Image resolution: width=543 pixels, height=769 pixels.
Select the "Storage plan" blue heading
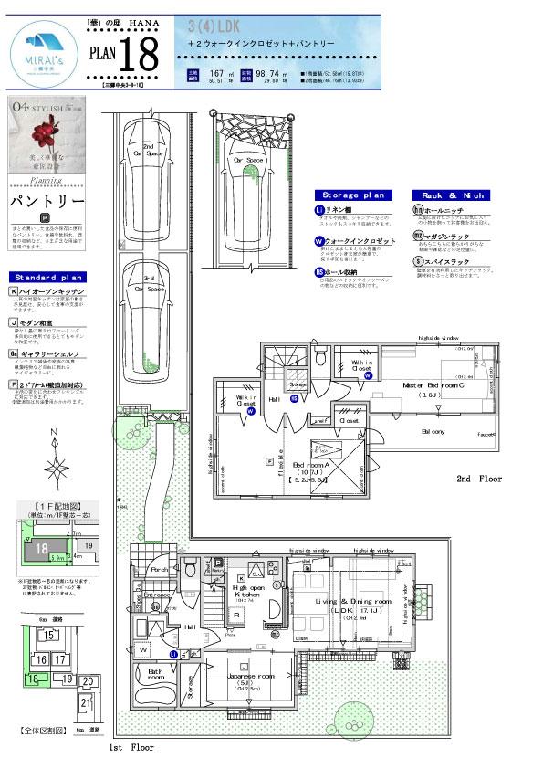click(354, 195)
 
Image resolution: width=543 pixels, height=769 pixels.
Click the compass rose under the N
click(57, 468)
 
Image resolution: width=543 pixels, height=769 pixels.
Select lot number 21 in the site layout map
click(86, 702)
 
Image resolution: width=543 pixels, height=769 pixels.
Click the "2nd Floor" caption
click(479, 479)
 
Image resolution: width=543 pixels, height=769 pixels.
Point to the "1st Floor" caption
click(131, 747)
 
